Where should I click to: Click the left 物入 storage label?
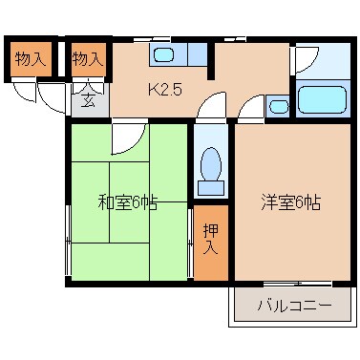pos(30,59)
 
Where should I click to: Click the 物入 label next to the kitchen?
pos(88,59)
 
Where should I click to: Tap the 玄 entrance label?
pos(87,98)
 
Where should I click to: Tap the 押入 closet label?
pos(211,240)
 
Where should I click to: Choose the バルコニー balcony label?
pos(294,307)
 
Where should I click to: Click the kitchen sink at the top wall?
pos(163,53)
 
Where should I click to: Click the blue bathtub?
pos(322,100)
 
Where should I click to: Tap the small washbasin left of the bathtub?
pos(279,105)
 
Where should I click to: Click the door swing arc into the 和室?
pos(123,140)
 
